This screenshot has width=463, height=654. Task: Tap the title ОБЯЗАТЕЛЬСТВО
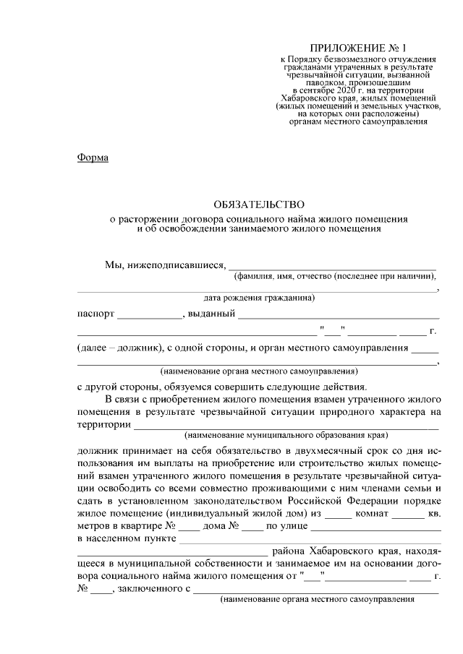point(259,205)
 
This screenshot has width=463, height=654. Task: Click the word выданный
point(211,314)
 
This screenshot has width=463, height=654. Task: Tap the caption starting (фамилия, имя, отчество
point(334,276)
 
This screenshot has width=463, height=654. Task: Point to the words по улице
point(287,525)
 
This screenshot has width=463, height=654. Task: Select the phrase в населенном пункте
point(126,538)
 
